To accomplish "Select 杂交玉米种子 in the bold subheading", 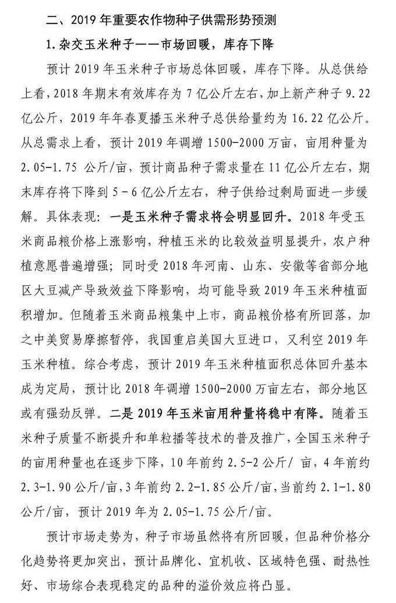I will coord(91,44).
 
